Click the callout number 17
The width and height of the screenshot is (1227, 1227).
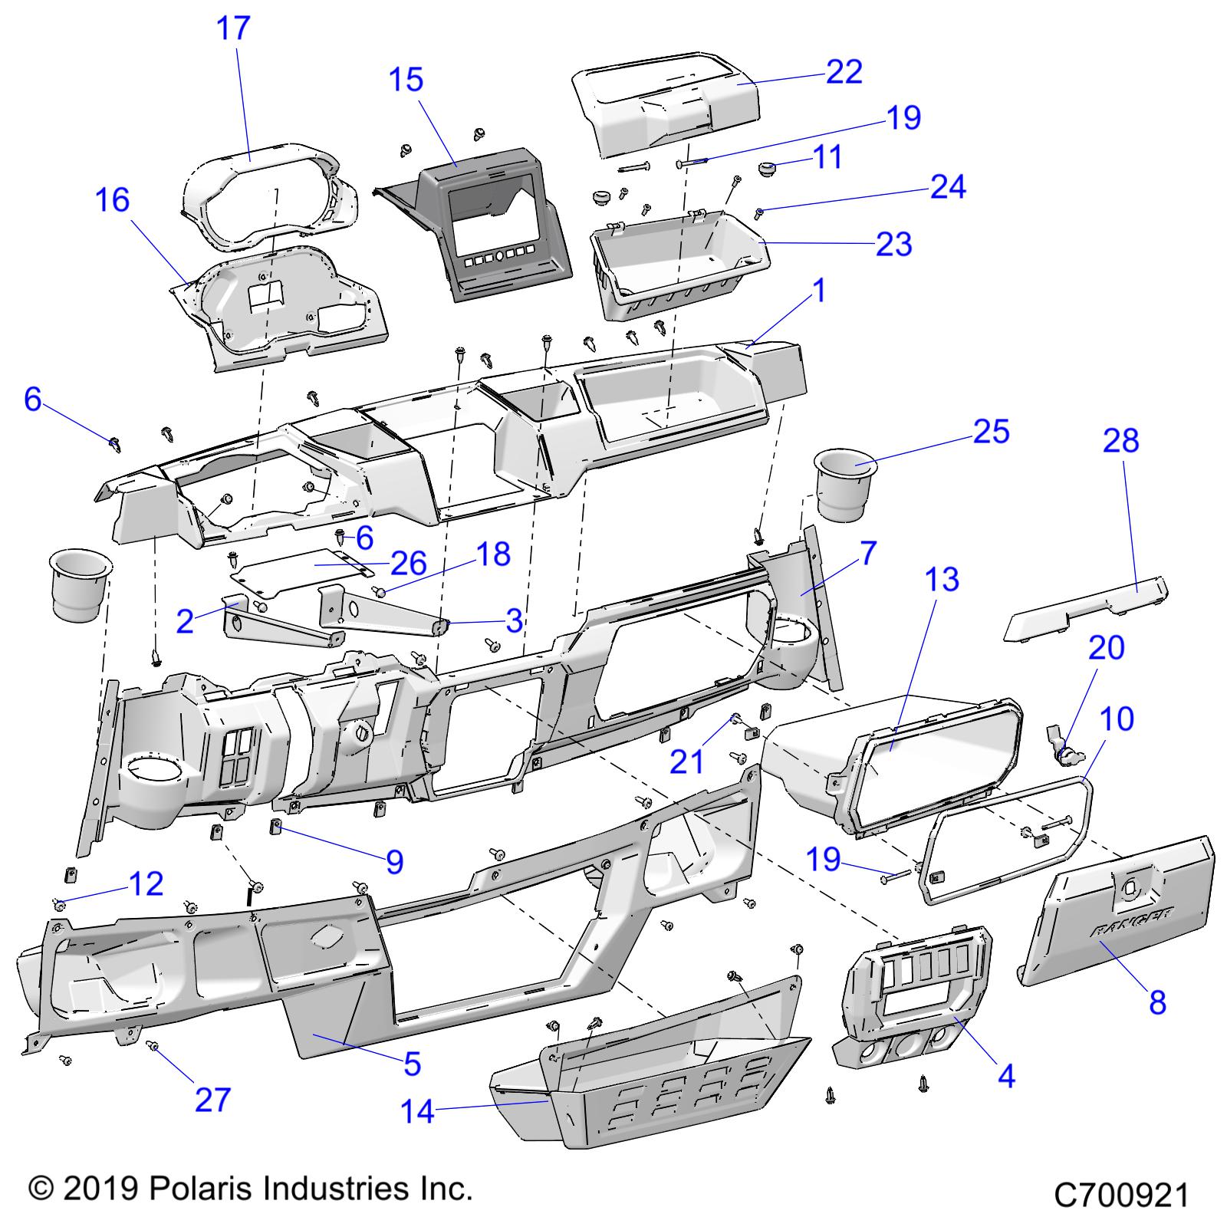pos(233,28)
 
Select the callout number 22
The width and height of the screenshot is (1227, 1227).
pos(844,71)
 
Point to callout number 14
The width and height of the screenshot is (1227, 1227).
pos(418,1110)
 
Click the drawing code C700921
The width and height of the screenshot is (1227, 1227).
pos(1121,1195)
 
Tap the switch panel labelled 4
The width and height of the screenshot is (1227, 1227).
pos(913,997)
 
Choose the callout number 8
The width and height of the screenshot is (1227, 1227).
pos(1157,1002)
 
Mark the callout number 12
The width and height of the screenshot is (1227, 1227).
pos(146,884)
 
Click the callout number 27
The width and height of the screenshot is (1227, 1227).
pos(212,1100)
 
